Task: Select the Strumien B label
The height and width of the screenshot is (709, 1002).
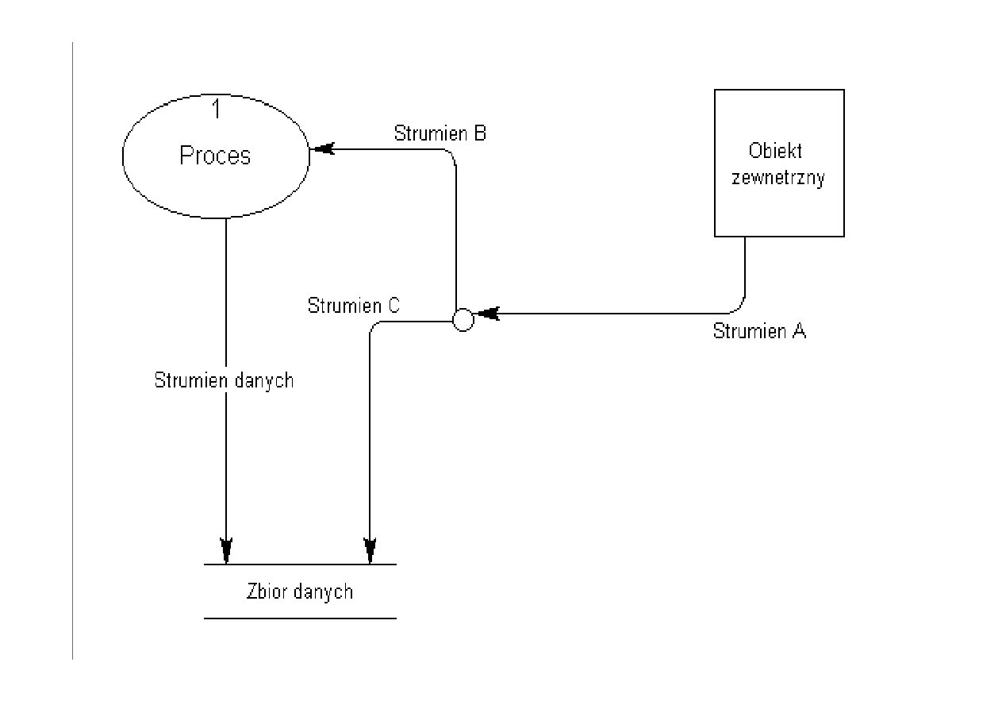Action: point(440,133)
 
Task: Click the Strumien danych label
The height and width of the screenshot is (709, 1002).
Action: point(224,380)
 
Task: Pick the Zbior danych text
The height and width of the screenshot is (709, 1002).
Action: point(299,591)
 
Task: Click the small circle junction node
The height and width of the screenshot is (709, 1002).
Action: point(463,320)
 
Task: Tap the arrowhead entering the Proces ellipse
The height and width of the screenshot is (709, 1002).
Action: point(322,148)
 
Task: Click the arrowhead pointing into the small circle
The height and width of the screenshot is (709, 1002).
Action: point(486,314)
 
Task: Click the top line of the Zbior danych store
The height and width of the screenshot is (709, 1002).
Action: point(299,565)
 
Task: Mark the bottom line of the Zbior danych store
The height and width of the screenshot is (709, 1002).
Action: point(299,618)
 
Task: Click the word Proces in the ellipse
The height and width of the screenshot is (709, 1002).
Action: point(215,156)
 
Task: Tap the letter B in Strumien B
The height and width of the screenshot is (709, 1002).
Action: point(479,133)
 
